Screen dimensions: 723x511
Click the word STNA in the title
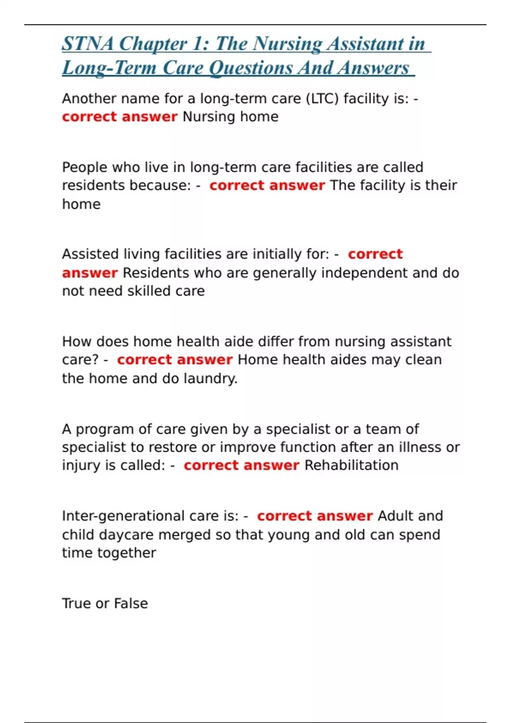coord(88,44)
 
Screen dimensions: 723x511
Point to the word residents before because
coord(93,186)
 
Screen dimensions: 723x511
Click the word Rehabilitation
coord(351,466)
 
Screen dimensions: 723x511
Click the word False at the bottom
coord(131,604)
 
